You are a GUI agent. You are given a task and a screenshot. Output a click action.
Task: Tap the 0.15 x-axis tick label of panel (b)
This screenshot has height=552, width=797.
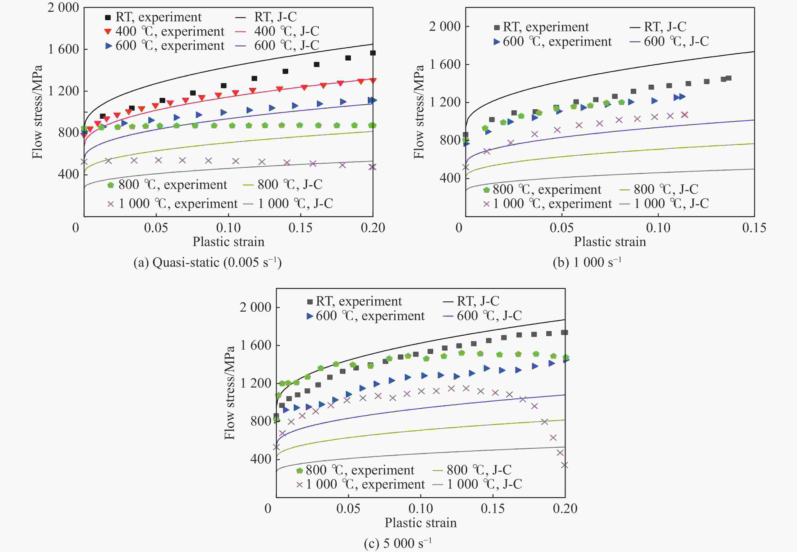pos(754,228)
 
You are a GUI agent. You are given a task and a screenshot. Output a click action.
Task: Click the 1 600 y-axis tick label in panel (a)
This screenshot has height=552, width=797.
pos(63,49)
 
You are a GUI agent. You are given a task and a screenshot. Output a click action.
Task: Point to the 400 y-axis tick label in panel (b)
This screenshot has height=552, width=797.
pos(450,178)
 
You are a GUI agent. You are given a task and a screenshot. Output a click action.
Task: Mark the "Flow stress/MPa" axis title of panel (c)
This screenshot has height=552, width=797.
pos(229,393)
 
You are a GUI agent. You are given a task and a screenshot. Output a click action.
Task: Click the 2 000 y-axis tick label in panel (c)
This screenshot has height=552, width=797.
pos(256,307)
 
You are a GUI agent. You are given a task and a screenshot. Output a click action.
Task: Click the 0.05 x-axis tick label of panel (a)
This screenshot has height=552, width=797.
pos(156,228)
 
